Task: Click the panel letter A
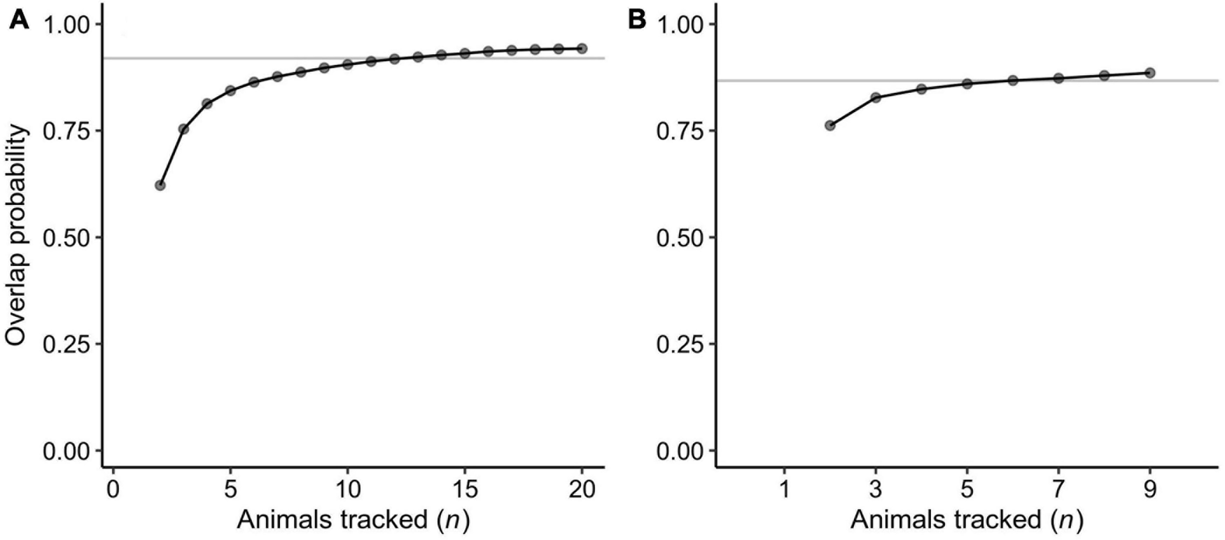19,21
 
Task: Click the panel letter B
637,21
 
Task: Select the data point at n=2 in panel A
160,185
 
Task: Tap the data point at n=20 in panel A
582,48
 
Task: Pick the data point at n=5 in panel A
230,90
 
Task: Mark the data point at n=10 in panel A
348,64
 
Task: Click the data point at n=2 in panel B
830,125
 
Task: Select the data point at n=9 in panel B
1150,73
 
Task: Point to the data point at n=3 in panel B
876,97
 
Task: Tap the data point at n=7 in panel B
1058,78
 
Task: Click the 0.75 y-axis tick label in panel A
68,131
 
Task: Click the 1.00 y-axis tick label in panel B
681,25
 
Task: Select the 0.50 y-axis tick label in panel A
68,238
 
